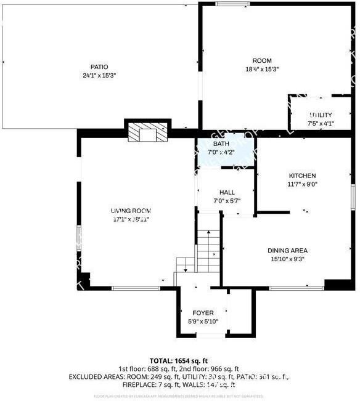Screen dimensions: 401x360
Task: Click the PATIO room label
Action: click(99, 67)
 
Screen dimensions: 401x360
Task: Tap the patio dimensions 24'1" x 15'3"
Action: click(99, 75)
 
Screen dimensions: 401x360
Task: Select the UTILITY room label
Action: click(321, 115)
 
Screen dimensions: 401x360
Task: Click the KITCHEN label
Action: click(302, 176)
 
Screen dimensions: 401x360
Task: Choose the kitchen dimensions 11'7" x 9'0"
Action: click(302, 184)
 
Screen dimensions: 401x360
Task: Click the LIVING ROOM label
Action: click(131, 211)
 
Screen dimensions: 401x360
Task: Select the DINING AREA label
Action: click(287, 251)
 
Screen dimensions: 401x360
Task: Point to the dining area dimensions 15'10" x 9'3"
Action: click(287, 259)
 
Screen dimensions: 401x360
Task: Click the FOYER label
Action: click(203, 313)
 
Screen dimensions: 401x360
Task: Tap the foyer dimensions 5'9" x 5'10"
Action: click(203, 321)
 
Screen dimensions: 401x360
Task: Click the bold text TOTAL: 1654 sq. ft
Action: click(179, 360)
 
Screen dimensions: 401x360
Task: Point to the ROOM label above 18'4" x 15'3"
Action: click(262, 60)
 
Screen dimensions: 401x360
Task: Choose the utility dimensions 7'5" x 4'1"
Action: click(321, 124)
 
